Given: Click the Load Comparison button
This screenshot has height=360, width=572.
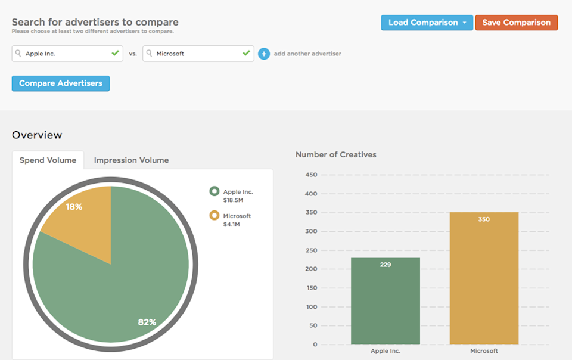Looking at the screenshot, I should pyautogui.click(x=427, y=23).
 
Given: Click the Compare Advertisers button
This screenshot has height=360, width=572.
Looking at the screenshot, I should pyautogui.click(x=61, y=83).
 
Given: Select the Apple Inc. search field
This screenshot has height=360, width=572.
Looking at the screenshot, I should pyautogui.click(x=67, y=54).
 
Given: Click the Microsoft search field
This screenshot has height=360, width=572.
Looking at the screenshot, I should pyautogui.click(x=198, y=54).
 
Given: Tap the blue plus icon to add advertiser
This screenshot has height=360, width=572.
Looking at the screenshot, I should pyautogui.click(x=264, y=54).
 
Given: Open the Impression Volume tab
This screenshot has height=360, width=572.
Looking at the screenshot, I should pyautogui.click(x=131, y=160).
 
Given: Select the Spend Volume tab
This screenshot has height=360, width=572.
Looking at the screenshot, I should pyautogui.click(x=48, y=160).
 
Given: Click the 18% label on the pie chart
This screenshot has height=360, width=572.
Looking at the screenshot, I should pyautogui.click(x=74, y=207).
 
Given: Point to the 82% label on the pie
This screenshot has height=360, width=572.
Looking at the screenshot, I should pyautogui.click(x=147, y=322).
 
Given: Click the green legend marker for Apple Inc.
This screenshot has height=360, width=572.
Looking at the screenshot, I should pyautogui.click(x=214, y=191).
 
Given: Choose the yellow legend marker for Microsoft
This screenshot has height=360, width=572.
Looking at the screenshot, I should pyautogui.click(x=214, y=215).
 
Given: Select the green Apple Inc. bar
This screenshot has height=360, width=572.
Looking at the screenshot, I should pyautogui.click(x=386, y=301).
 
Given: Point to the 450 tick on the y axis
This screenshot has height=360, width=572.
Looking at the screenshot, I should pyautogui.click(x=310, y=175).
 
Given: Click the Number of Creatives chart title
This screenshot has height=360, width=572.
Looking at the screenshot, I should pyautogui.click(x=336, y=154).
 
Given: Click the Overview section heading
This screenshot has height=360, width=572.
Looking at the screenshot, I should pyautogui.click(x=37, y=135).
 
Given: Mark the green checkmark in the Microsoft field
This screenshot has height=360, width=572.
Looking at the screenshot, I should pyautogui.click(x=246, y=53).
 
